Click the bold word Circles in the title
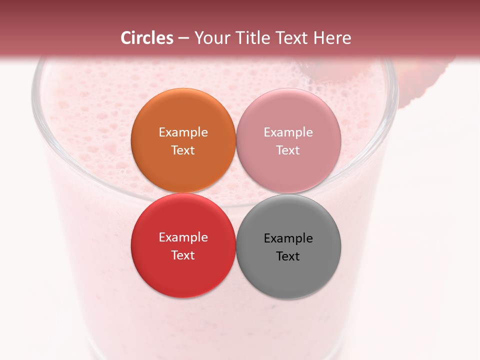point(147,38)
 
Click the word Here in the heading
point(332,38)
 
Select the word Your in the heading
point(209,38)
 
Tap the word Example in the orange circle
point(183,132)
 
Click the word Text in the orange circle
point(183,150)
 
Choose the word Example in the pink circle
point(288,132)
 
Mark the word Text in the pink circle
point(288,150)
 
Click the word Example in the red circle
point(183,237)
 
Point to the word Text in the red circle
point(183,255)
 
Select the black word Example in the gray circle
point(288,238)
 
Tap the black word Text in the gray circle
point(288,256)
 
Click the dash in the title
point(183,38)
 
